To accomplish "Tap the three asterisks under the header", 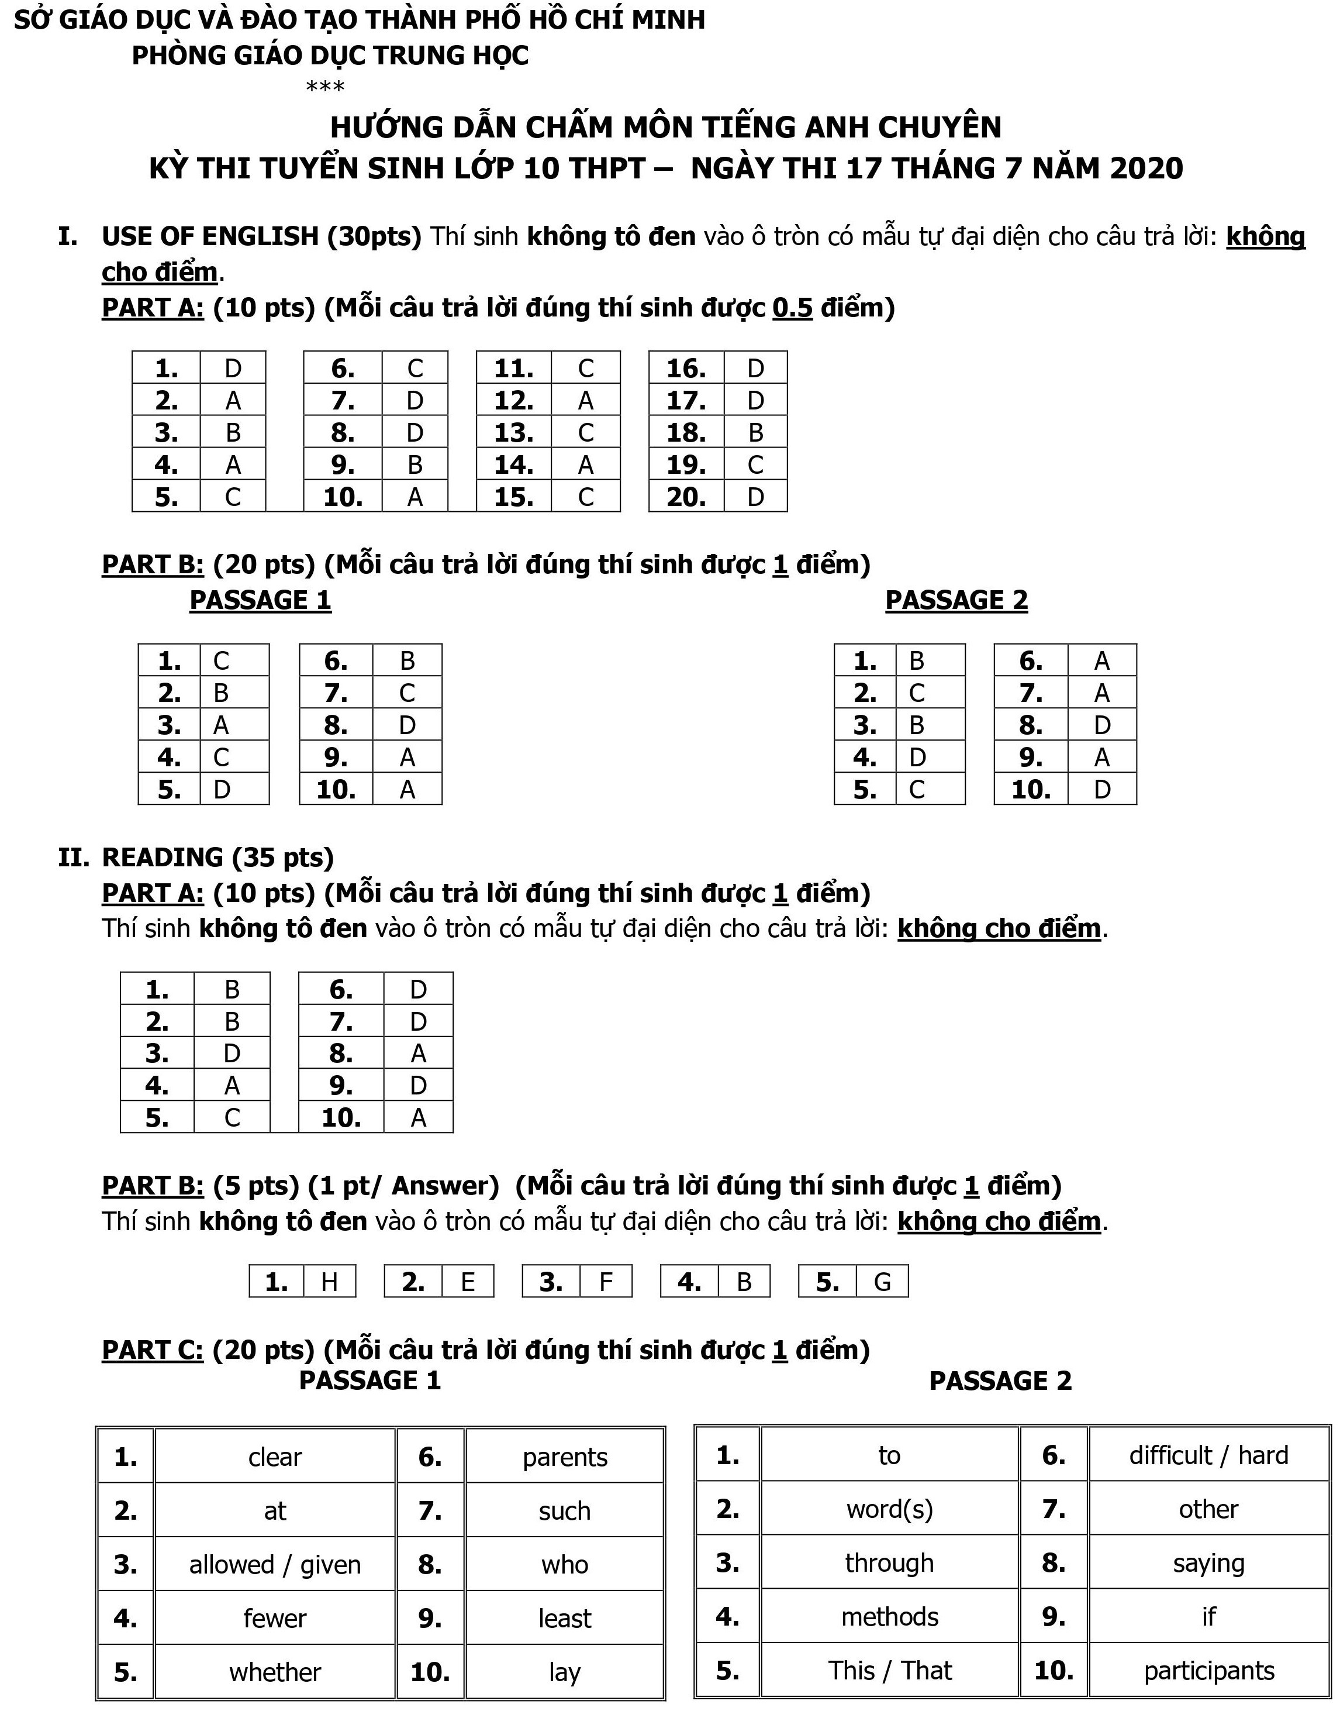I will pyautogui.click(x=325, y=87).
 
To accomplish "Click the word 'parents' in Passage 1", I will pyautogui.click(x=565, y=1458).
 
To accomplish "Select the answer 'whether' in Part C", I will pyautogui.click(x=275, y=1672).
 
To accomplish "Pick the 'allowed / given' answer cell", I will pyautogui.click(x=275, y=1565).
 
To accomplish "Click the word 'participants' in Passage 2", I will pyautogui.click(x=1208, y=1671).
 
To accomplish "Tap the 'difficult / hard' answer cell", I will pyautogui.click(x=1208, y=1455).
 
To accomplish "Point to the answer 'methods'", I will pyautogui.click(x=890, y=1617).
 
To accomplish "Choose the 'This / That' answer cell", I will pyautogui.click(x=890, y=1671).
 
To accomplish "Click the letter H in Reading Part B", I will pyautogui.click(x=330, y=1282).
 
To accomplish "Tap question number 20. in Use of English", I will pyautogui.click(x=686, y=497).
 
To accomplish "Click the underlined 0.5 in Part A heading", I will pyautogui.click(x=792, y=308).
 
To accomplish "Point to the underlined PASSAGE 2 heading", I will pyautogui.click(x=956, y=600).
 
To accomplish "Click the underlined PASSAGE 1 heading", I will pyautogui.click(x=261, y=600).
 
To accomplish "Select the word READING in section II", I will pyautogui.click(x=163, y=857).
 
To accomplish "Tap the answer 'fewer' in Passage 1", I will pyautogui.click(x=275, y=1619).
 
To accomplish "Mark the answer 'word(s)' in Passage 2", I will pyautogui.click(x=890, y=1509).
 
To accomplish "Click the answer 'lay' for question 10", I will pyautogui.click(x=565, y=1672).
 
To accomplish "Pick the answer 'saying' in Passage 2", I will pyautogui.click(x=1208, y=1564).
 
